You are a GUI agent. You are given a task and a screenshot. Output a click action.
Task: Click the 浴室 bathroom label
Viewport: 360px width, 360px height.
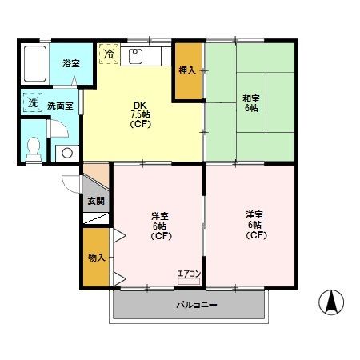70,62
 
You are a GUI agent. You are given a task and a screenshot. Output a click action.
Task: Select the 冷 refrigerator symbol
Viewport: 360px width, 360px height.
107,54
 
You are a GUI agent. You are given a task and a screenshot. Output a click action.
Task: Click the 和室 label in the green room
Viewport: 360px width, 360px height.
250,98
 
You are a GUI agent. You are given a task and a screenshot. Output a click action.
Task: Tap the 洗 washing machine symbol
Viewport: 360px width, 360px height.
33,103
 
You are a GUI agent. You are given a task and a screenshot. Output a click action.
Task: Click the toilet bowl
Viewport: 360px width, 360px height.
34,147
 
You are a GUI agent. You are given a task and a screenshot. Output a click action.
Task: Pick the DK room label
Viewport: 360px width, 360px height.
139,103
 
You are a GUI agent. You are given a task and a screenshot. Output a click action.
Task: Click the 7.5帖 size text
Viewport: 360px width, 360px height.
140,114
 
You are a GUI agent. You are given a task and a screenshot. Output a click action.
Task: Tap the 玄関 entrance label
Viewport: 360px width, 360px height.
94,199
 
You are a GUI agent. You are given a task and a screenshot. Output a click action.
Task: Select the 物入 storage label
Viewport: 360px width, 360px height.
94,258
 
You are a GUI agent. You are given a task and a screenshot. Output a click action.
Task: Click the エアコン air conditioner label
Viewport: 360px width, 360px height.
189,273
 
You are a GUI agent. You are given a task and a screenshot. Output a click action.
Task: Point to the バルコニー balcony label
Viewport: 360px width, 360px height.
189,306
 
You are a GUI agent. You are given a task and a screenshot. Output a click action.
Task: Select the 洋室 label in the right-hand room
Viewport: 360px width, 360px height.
254,214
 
